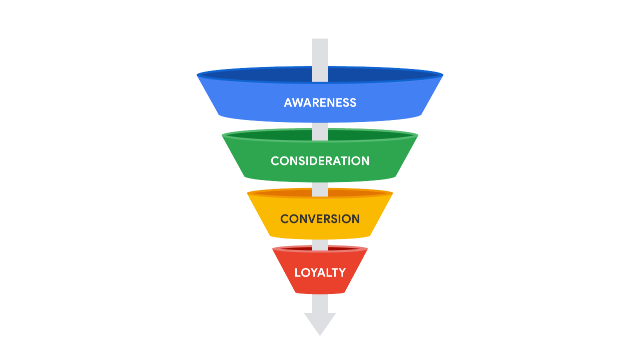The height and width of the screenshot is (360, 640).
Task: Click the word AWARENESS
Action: click(x=320, y=102)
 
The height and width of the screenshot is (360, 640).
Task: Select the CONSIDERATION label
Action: click(x=320, y=161)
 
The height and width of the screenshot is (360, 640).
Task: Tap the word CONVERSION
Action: click(x=320, y=219)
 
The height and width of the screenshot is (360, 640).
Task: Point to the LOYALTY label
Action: click(x=320, y=272)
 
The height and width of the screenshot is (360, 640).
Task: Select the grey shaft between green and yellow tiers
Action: click(x=320, y=186)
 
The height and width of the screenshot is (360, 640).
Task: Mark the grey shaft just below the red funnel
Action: click(x=320, y=303)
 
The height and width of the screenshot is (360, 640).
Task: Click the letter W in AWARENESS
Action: click(x=299, y=102)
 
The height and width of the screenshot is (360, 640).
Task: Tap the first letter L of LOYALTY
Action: click(x=298, y=272)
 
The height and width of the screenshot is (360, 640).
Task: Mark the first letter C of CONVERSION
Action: click(x=285, y=219)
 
